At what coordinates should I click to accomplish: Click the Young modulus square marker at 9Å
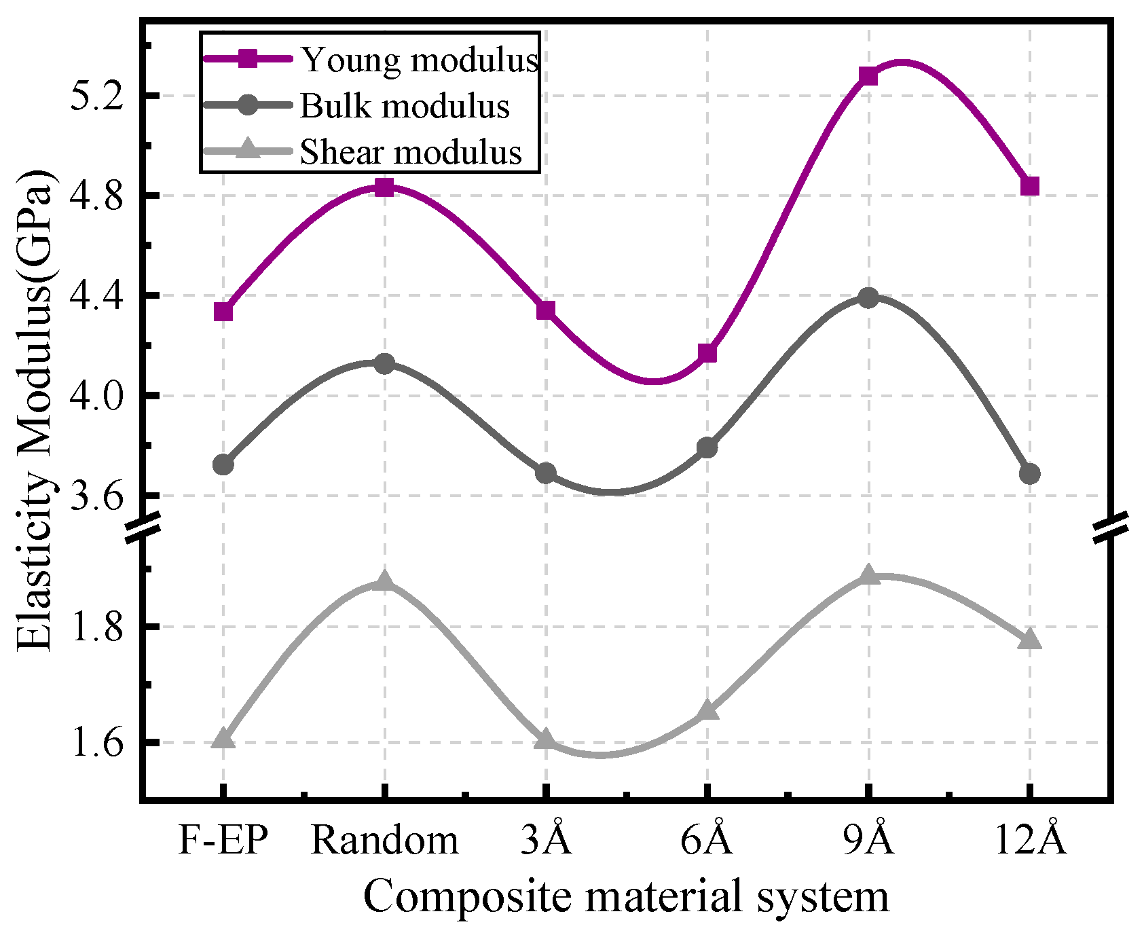(x=868, y=76)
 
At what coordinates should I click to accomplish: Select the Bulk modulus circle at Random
(x=384, y=363)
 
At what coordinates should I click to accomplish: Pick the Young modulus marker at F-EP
(x=223, y=312)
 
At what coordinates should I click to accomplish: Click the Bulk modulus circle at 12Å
(x=1029, y=473)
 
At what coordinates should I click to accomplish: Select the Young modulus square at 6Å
(x=707, y=353)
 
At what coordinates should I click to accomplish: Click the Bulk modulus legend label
(x=405, y=107)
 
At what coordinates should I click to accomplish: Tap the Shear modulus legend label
(x=411, y=153)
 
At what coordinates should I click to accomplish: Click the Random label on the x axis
(x=384, y=841)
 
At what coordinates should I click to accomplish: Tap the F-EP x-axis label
(x=223, y=841)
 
